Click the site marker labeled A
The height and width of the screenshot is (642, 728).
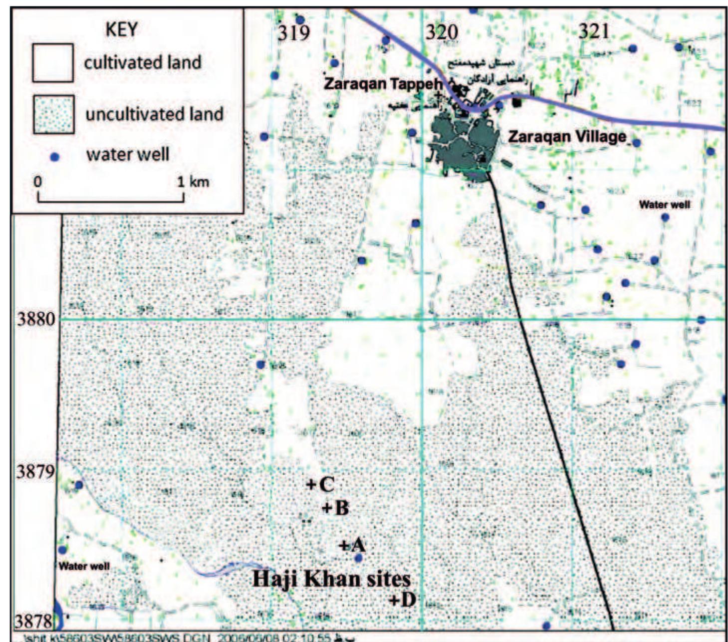click(344, 545)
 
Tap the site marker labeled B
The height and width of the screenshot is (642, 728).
click(327, 509)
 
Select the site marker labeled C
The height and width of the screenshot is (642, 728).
click(311, 484)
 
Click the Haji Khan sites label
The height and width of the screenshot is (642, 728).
click(331, 579)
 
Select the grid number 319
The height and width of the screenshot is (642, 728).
click(294, 33)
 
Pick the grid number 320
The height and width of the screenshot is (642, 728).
click(441, 33)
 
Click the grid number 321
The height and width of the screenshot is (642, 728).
click(594, 32)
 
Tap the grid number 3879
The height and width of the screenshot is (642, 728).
click(35, 471)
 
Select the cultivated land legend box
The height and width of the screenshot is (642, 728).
click(53, 63)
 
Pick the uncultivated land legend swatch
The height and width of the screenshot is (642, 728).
click(54, 114)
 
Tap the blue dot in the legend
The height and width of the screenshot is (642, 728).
click(55, 157)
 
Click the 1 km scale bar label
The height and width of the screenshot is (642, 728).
click(193, 181)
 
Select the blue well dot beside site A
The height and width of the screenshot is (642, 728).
click(358, 558)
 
